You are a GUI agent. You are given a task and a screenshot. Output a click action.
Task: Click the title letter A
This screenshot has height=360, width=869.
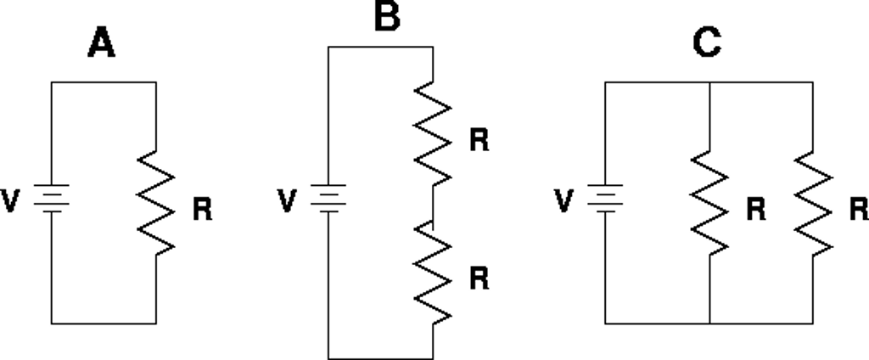pos(101,45)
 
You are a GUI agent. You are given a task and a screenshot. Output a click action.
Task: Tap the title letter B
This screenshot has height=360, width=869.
pos(386,16)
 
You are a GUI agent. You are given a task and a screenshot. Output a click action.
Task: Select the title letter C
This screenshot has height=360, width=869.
pos(707,45)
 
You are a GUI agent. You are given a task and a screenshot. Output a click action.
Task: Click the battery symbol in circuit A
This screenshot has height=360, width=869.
pos(51,201)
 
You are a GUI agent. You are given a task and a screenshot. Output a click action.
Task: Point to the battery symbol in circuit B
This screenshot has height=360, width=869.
pos(328,200)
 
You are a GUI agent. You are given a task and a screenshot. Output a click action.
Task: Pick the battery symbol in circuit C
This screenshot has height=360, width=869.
pos(605,200)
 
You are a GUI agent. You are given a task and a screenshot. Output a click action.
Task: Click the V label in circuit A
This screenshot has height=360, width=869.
pos(12,202)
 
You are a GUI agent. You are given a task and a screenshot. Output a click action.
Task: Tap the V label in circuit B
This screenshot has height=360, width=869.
pos(289,201)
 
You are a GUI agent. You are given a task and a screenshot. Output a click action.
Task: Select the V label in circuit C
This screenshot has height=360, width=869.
pos(564,201)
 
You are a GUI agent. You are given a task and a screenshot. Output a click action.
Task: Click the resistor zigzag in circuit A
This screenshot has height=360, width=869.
pos(156,202)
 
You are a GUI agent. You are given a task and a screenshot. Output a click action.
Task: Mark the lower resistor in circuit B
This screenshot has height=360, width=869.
pos(433,273)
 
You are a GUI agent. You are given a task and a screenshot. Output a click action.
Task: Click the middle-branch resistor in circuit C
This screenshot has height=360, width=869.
pos(709,202)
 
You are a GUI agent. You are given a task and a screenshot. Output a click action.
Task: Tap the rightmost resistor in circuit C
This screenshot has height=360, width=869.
pos(814,202)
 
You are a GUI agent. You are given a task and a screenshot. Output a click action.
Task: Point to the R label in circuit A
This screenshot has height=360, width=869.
pos(202,210)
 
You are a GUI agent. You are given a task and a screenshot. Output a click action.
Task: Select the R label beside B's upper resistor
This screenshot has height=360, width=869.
pos(479,141)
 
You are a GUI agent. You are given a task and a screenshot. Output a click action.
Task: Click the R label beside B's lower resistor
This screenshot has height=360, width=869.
pos(479,279)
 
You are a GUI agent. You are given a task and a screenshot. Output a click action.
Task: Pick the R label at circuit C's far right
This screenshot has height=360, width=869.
pos(859,208)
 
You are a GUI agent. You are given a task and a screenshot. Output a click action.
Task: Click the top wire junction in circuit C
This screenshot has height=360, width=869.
pos(709,82)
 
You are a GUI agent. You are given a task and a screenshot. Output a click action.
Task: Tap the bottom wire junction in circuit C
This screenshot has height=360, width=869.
pos(709,323)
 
